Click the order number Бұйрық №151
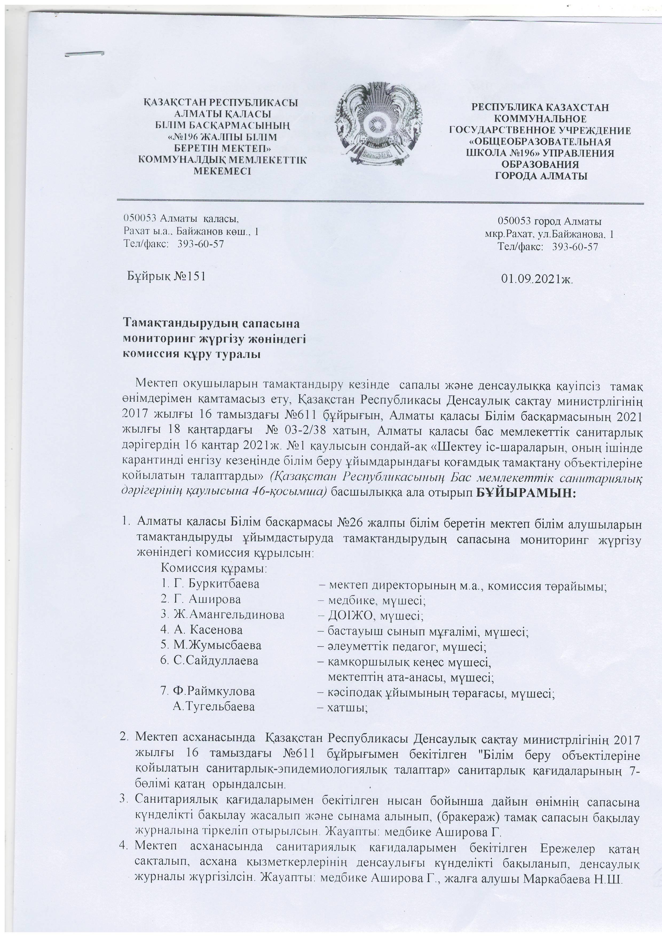(x=166, y=276)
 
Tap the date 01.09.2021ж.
(x=537, y=279)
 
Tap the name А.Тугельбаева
(x=214, y=706)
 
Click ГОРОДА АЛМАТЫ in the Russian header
(x=541, y=176)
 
